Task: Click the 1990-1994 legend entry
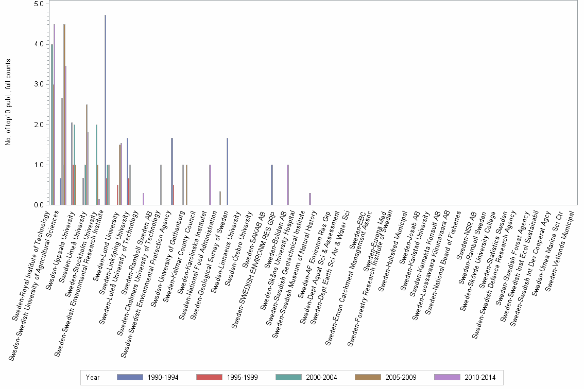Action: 148,377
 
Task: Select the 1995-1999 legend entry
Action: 227,377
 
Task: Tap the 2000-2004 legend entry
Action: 306,377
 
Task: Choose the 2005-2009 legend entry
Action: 386,377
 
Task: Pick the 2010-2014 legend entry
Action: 465,377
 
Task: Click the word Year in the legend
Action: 93,377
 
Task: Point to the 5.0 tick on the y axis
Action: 39,4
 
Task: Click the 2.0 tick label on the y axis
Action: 39,125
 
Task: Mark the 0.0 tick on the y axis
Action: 39,205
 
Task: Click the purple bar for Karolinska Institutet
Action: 210,185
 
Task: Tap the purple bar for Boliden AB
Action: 287,185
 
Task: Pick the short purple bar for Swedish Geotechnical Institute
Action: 310,199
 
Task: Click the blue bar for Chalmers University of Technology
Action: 161,185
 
